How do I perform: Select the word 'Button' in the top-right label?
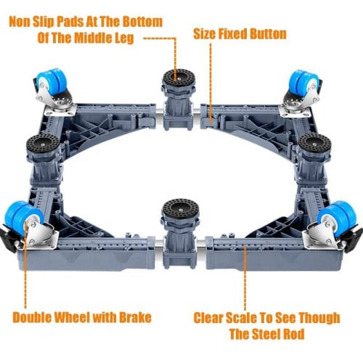[x=263, y=33]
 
